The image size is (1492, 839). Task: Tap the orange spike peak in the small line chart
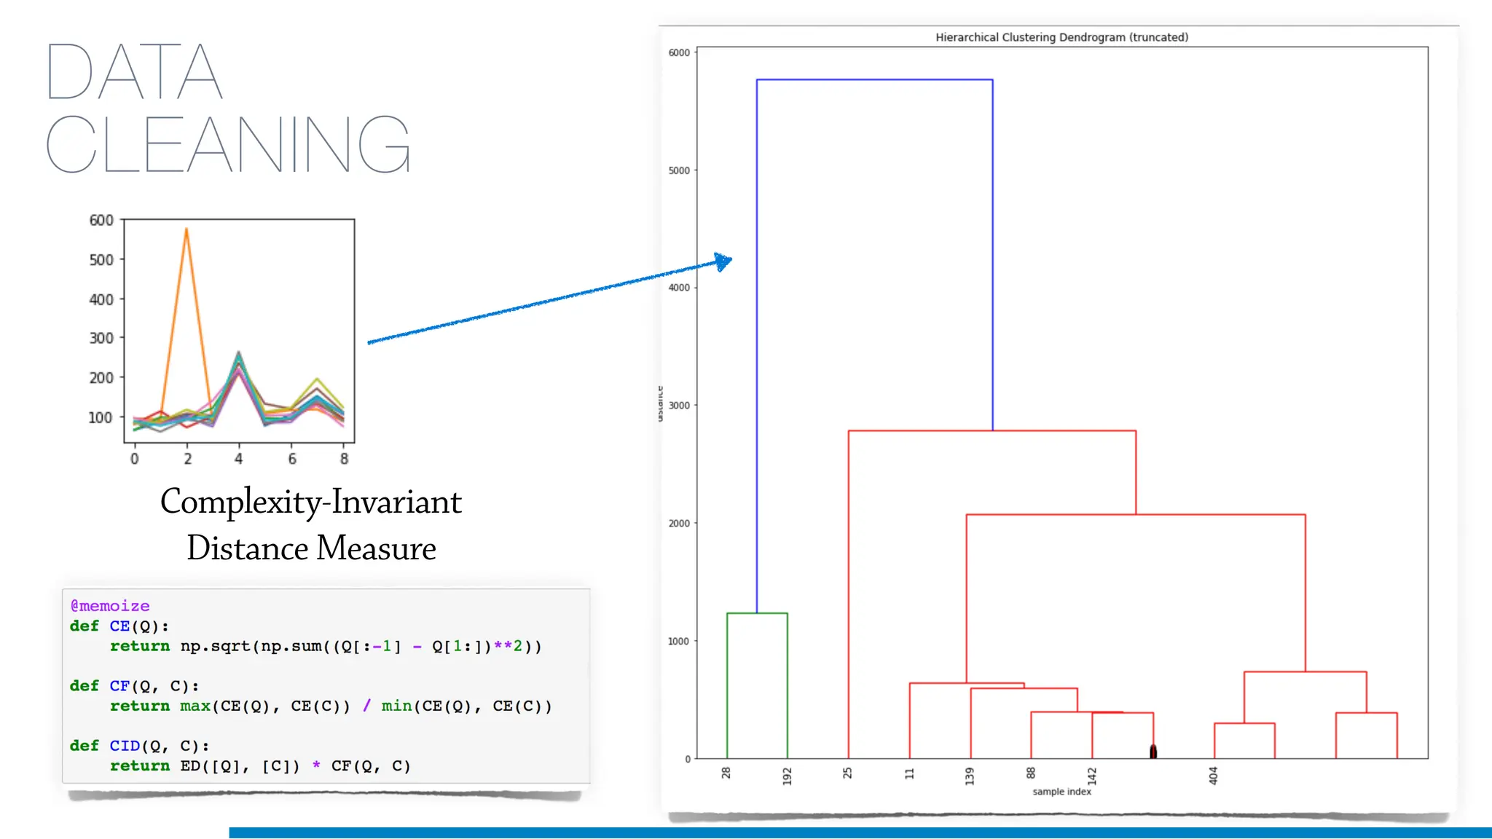click(186, 230)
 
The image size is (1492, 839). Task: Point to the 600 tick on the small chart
click(101, 220)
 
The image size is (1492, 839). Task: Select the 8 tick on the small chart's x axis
click(345, 459)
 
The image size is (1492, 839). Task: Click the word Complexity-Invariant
click(311, 502)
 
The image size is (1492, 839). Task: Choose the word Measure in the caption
click(377, 548)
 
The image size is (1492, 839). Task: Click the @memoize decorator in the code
click(110, 606)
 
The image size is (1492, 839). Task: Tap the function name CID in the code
click(125, 746)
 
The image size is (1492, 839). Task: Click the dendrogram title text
click(1061, 37)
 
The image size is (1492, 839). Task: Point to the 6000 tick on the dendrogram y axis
click(679, 52)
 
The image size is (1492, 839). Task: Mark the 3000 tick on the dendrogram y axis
click(679, 406)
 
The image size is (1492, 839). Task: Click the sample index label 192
click(787, 776)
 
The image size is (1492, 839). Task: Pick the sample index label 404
click(1213, 776)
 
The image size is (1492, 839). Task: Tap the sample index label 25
click(848, 773)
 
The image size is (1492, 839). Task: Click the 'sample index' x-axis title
click(1061, 792)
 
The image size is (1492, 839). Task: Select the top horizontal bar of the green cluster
click(757, 613)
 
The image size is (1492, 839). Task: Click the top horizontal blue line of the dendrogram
click(874, 79)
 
